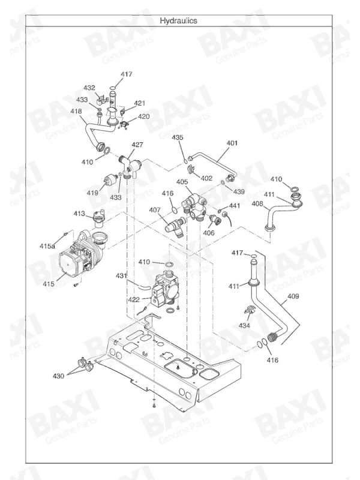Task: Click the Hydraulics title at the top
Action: click(178, 20)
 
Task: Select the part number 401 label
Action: click(232, 143)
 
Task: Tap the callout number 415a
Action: click(47, 245)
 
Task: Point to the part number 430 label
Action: click(58, 376)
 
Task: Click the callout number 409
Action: click(293, 296)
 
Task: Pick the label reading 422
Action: click(134, 299)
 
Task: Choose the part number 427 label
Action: click(137, 145)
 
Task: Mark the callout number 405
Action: click(182, 182)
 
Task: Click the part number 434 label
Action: click(244, 325)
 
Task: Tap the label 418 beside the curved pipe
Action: click(76, 111)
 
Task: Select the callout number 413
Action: click(79, 214)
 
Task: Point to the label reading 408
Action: click(257, 203)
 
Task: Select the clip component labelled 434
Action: click(249, 310)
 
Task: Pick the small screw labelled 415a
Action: click(65, 234)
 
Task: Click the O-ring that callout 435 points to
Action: click(185, 161)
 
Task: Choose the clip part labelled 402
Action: click(191, 169)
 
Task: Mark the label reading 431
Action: click(121, 276)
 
